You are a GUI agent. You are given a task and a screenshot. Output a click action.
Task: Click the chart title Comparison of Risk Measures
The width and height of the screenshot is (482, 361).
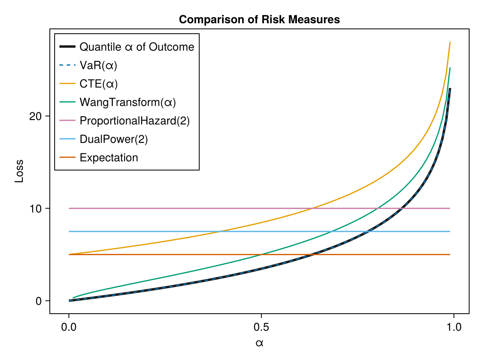259,20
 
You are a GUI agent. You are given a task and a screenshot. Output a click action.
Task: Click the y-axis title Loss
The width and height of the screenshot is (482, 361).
19,171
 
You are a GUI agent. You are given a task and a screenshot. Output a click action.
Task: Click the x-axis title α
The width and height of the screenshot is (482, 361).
259,343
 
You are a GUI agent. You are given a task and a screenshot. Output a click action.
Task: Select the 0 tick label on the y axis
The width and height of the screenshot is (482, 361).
39,301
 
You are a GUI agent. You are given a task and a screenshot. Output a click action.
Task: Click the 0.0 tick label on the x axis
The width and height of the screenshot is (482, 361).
69,326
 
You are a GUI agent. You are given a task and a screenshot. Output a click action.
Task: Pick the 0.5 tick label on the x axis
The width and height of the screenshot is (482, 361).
261,326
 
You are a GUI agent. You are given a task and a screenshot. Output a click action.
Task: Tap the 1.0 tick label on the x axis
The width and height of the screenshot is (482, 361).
453,326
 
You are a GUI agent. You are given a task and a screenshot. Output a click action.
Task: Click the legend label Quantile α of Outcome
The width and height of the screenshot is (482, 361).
137,47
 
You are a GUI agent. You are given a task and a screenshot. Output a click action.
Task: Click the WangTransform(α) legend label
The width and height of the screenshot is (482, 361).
128,102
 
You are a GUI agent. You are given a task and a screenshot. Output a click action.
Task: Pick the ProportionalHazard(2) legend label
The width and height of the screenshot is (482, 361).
135,121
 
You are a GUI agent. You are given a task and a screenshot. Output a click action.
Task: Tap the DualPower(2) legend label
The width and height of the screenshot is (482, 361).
114,139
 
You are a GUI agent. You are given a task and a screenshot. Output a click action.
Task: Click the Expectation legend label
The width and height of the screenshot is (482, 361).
109,158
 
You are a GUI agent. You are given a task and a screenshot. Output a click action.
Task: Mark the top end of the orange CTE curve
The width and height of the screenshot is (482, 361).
450,42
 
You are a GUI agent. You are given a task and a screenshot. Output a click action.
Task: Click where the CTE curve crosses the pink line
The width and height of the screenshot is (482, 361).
312,209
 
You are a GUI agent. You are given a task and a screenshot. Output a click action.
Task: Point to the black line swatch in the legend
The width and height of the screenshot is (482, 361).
67,47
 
